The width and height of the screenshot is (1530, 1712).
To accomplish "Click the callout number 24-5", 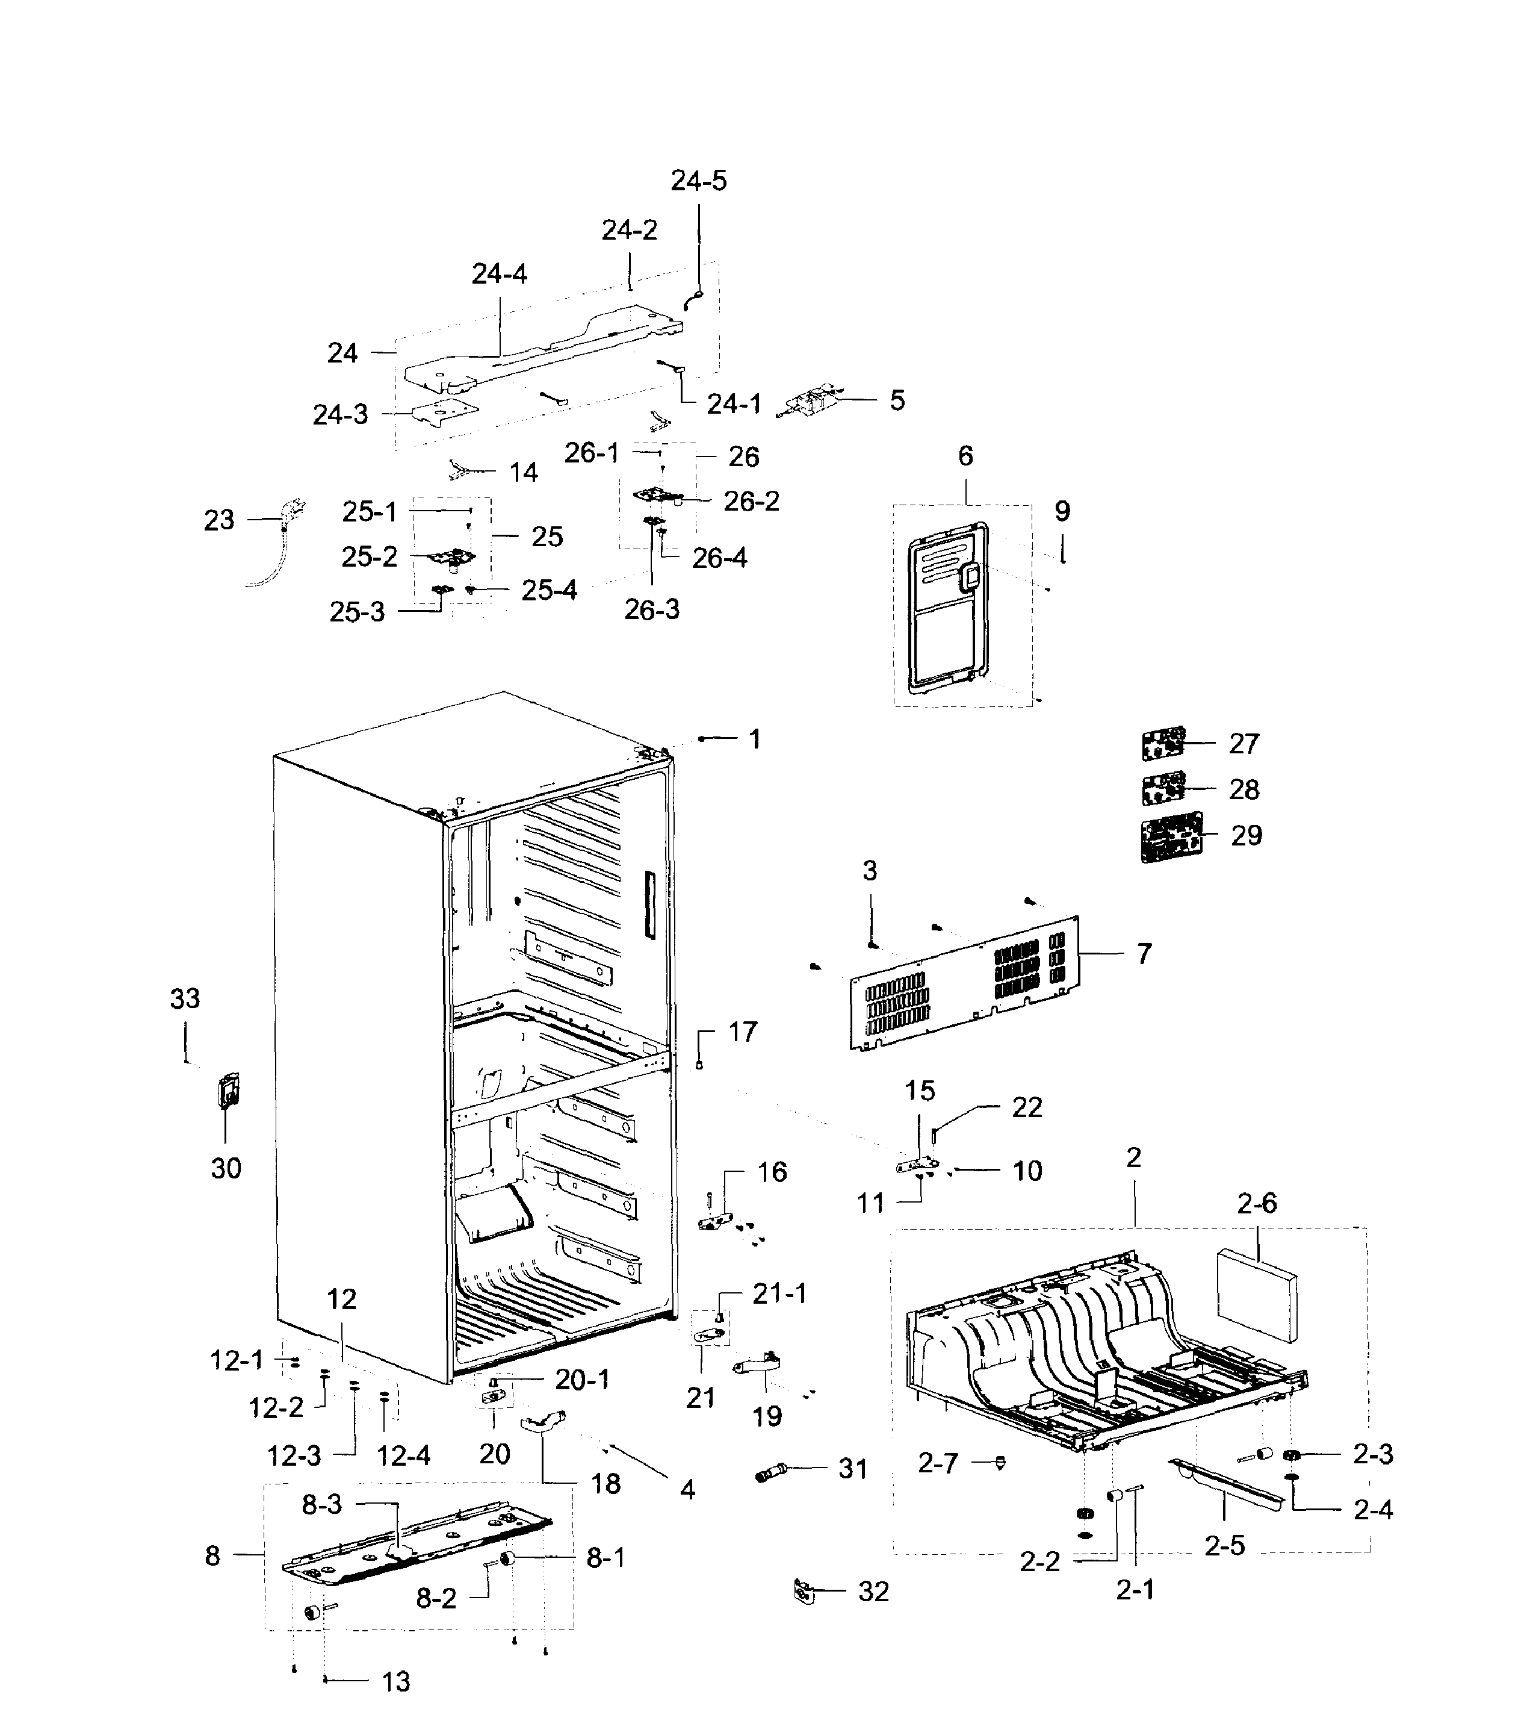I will (699, 181).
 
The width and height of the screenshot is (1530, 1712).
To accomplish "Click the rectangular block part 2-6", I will (1257, 1295).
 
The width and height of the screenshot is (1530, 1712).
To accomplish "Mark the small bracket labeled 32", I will (804, 1591).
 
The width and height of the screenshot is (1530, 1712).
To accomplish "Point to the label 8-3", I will (322, 1504).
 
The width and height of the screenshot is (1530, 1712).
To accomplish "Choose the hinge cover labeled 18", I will (543, 1422).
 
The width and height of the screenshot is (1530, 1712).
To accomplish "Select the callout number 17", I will (742, 1031).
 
